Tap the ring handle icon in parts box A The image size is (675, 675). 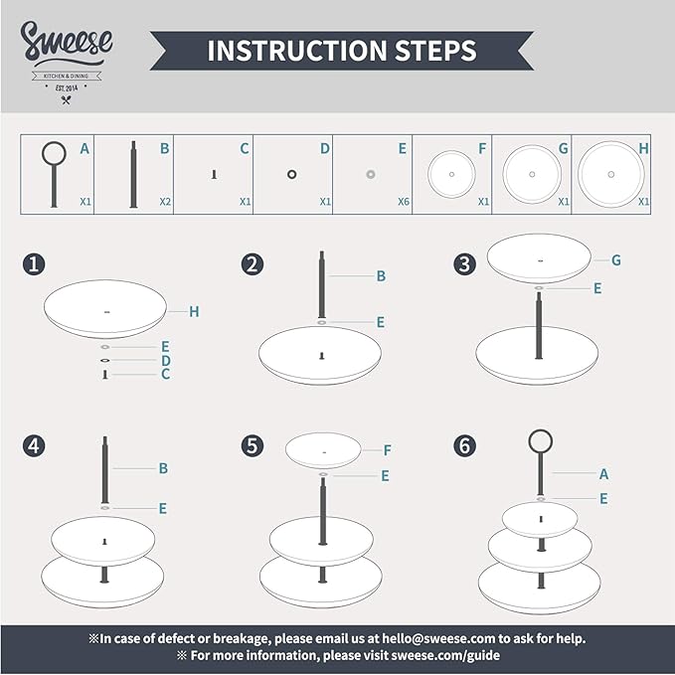54,154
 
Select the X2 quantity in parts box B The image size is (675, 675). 166,201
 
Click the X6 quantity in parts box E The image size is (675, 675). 404,201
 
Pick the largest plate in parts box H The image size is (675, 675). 610,174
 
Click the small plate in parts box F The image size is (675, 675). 451,174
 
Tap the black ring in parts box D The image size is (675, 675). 292,174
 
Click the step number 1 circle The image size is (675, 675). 35,264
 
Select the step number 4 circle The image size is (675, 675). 35,446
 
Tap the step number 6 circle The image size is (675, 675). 464,446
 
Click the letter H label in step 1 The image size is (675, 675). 195,311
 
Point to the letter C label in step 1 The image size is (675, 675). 165,375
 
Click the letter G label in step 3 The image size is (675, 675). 616,259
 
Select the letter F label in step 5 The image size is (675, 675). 387,449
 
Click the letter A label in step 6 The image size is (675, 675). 603,475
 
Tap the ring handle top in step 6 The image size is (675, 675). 541,440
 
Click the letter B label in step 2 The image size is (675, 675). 380,276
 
